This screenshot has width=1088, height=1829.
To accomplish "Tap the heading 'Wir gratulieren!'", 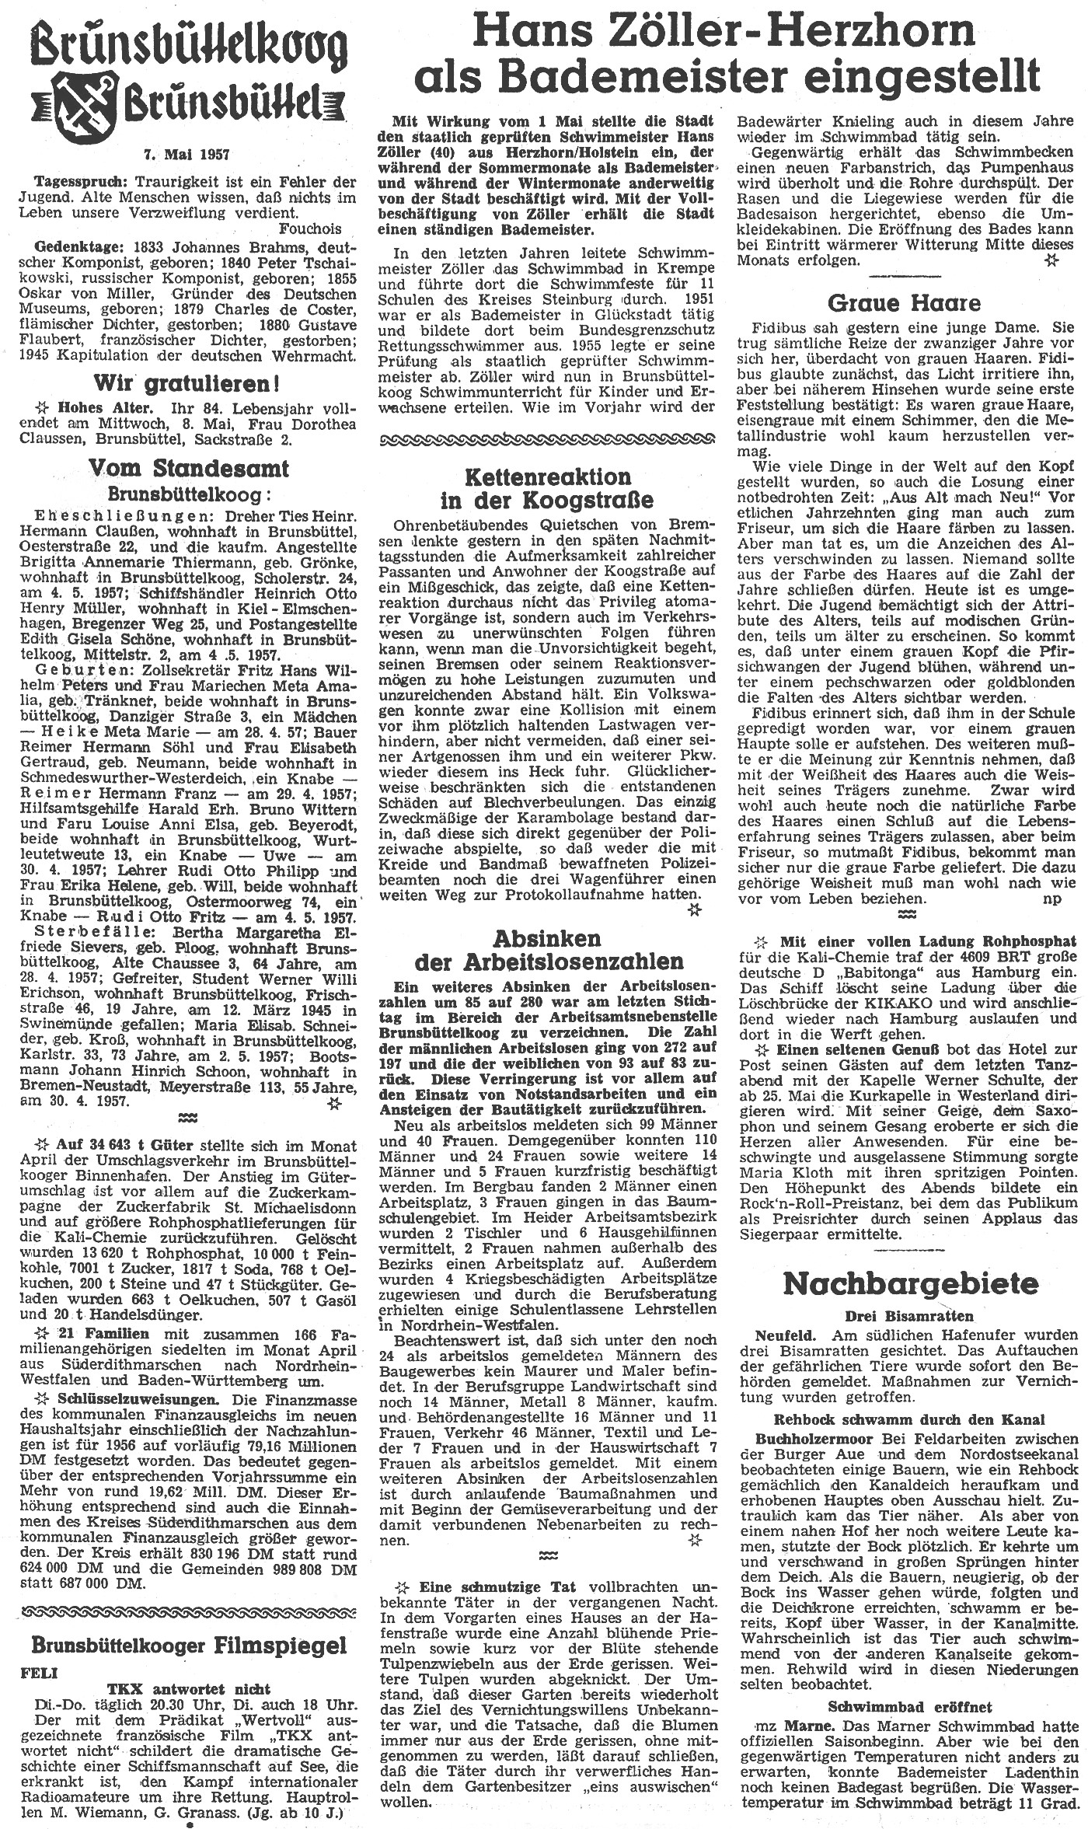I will (x=187, y=383).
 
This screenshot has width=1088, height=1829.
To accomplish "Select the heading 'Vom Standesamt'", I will (x=189, y=468).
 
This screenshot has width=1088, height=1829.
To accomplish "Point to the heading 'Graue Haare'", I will (x=903, y=302).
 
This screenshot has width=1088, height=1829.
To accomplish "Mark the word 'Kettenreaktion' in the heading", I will (x=547, y=477).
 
